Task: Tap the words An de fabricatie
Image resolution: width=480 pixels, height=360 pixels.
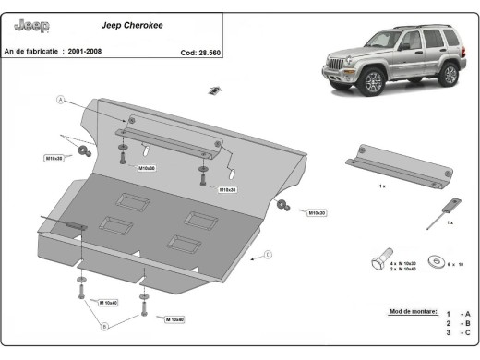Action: point(33,52)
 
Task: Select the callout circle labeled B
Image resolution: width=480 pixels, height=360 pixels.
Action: point(104,325)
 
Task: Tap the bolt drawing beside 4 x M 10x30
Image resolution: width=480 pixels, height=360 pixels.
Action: point(381,264)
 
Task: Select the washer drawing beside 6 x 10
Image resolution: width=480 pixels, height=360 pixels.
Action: point(427,264)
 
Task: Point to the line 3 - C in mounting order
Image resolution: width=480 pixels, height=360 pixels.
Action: point(457,333)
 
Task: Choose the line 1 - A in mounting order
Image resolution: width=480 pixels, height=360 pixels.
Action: point(457,314)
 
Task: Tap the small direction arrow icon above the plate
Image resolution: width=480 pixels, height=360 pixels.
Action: point(213,90)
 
